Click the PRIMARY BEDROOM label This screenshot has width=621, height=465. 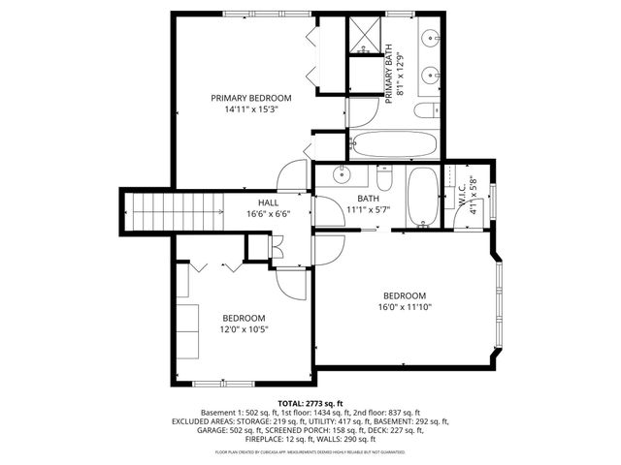point(252,98)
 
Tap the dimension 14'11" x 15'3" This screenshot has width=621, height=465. point(252,110)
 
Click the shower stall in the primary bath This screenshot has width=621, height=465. point(365,34)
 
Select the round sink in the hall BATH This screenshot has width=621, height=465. point(341,175)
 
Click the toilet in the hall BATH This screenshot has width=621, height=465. point(384,179)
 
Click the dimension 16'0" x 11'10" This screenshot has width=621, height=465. point(404,307)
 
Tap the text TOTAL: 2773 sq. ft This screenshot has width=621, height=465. point(310,402)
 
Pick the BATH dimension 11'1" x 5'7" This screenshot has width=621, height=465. point(368,209)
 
